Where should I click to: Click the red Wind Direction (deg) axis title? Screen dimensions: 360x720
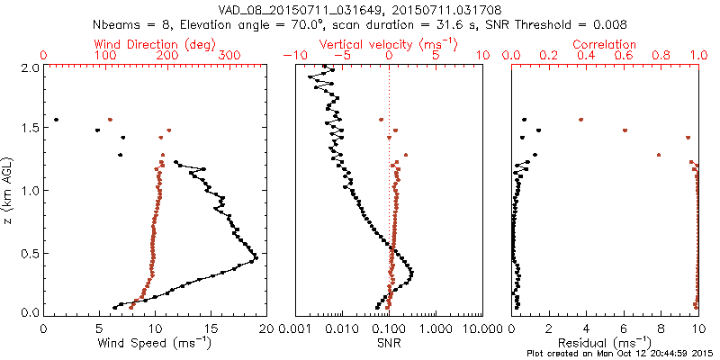click(x=156, y=44)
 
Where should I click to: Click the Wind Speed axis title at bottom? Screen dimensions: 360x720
click(x=156, y=343)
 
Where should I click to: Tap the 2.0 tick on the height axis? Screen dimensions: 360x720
click(x=29, y=67)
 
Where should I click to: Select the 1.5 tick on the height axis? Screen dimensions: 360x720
click(x=29, y=129)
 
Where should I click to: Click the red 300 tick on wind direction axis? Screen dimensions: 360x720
click(x=229, y=56)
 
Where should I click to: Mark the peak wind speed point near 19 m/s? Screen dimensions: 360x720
click(x=256, y=258)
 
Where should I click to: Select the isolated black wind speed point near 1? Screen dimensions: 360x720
click(x=56, y=119)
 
